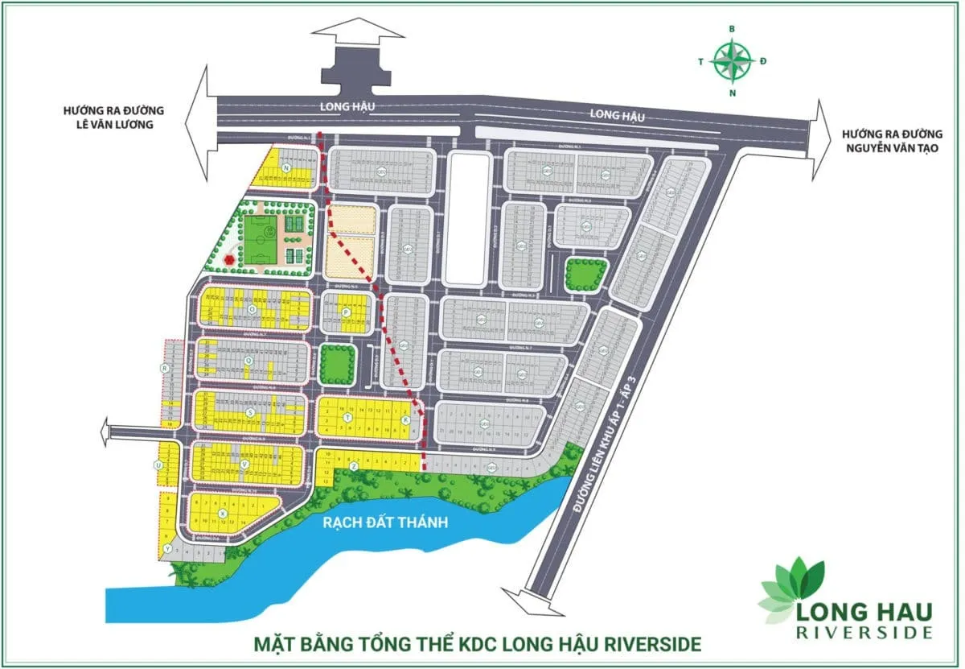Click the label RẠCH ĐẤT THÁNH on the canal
(x=384, y=522)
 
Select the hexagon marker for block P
(x=345, y=312)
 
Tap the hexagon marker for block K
(x=405, y=420)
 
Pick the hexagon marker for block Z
(x=353, y=466)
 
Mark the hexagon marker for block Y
(x=166, y=548)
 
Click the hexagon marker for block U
(x=159, y=465)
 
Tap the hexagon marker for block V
(x=244, y=465)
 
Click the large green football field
(x=259, y=239)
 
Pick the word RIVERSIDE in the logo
(x=864, y=633)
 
